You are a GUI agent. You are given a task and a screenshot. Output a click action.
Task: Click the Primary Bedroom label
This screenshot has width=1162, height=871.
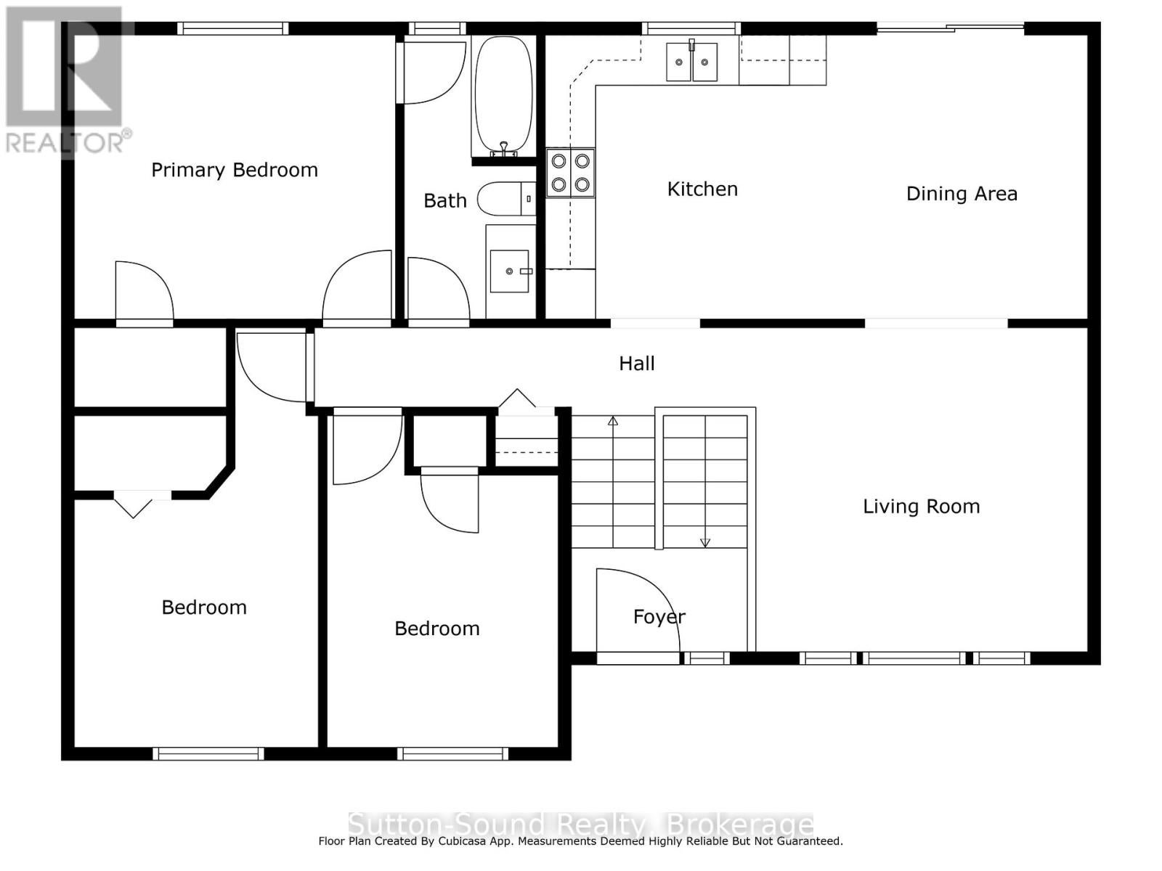(x=235, y=171)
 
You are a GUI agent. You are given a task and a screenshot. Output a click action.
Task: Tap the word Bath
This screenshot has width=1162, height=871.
(x=445, y=200)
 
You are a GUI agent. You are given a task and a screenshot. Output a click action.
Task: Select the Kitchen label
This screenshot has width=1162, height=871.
(x=702, y=189)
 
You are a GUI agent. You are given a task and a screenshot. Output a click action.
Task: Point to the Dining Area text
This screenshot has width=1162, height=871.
(x=962, y=194)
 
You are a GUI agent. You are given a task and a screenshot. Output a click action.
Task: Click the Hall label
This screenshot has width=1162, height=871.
(x=637, y=364)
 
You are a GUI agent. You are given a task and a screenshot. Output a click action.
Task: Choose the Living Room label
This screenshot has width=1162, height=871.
(x=921, y=507)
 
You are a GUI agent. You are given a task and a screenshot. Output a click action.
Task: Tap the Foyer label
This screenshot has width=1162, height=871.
(x=659, y=617)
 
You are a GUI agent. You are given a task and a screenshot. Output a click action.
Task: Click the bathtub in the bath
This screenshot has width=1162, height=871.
(x=503, y=97)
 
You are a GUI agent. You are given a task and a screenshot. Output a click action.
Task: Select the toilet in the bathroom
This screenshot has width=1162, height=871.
(x=507, y=198)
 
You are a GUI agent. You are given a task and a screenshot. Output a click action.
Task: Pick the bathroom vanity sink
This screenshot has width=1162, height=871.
(x=509, y=271)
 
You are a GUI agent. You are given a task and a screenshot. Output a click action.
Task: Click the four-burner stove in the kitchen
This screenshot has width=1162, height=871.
(x=571, y=173)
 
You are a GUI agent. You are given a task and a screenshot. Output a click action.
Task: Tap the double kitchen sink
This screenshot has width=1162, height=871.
(x=691, y=62)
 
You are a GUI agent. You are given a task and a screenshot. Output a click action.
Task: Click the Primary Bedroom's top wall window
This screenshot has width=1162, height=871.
(x=233, y=28)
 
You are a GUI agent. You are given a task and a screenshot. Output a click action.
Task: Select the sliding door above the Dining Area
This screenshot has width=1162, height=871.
(x=950, y=28)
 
